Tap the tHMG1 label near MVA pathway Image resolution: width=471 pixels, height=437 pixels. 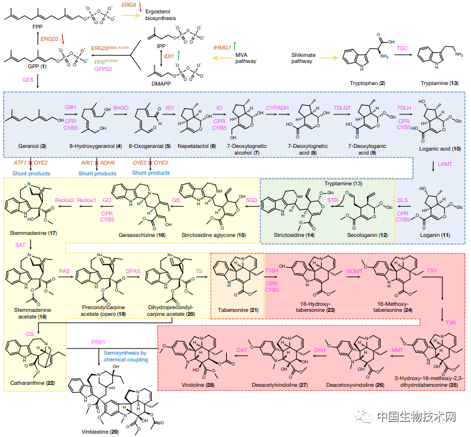(x=223, y=48)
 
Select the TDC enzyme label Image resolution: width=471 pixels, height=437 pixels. (x=401, y=49)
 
